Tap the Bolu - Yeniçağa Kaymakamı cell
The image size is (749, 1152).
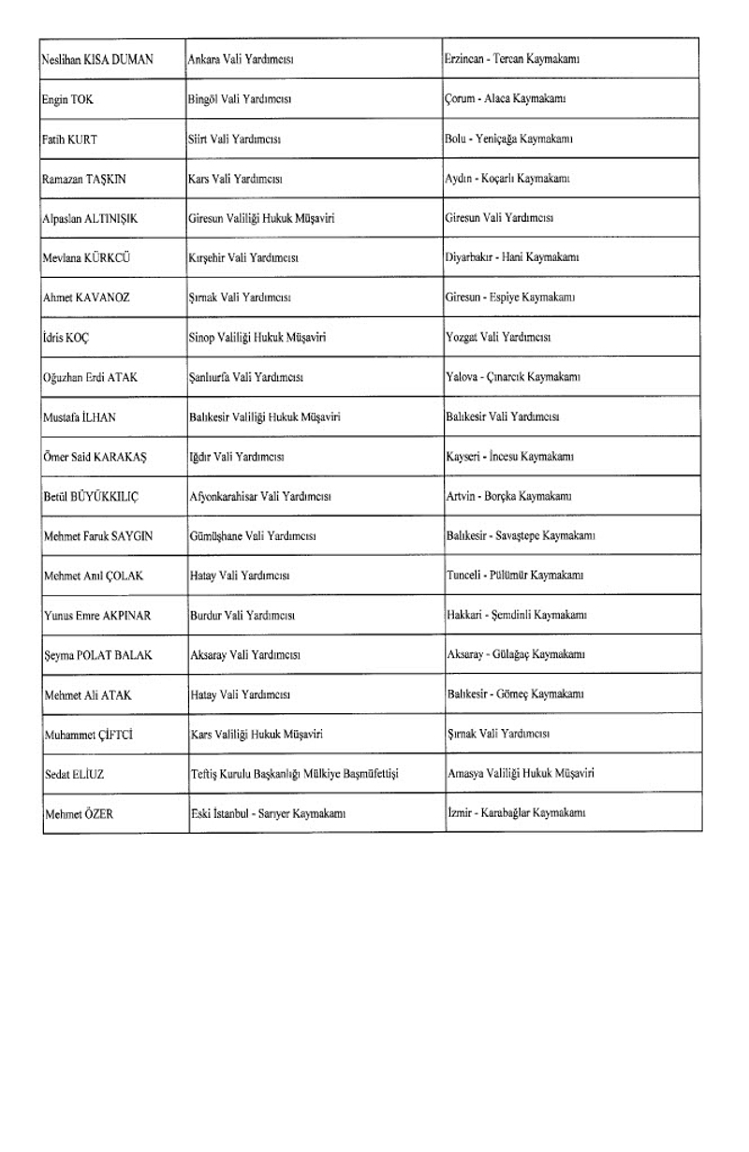coord(509,139)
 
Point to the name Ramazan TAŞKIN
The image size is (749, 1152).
coord(84,178)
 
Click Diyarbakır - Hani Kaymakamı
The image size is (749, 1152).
coord(513,257)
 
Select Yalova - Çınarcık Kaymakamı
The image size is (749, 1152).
coord(515,377)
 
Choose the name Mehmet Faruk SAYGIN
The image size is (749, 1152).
coord(98,536)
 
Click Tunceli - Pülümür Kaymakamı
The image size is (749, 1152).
coord(515,575)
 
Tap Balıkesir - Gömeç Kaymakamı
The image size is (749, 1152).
coord(515,693)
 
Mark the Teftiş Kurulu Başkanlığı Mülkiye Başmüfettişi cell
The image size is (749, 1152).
coord(296,774)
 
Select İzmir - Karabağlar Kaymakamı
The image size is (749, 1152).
coord(516,813)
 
